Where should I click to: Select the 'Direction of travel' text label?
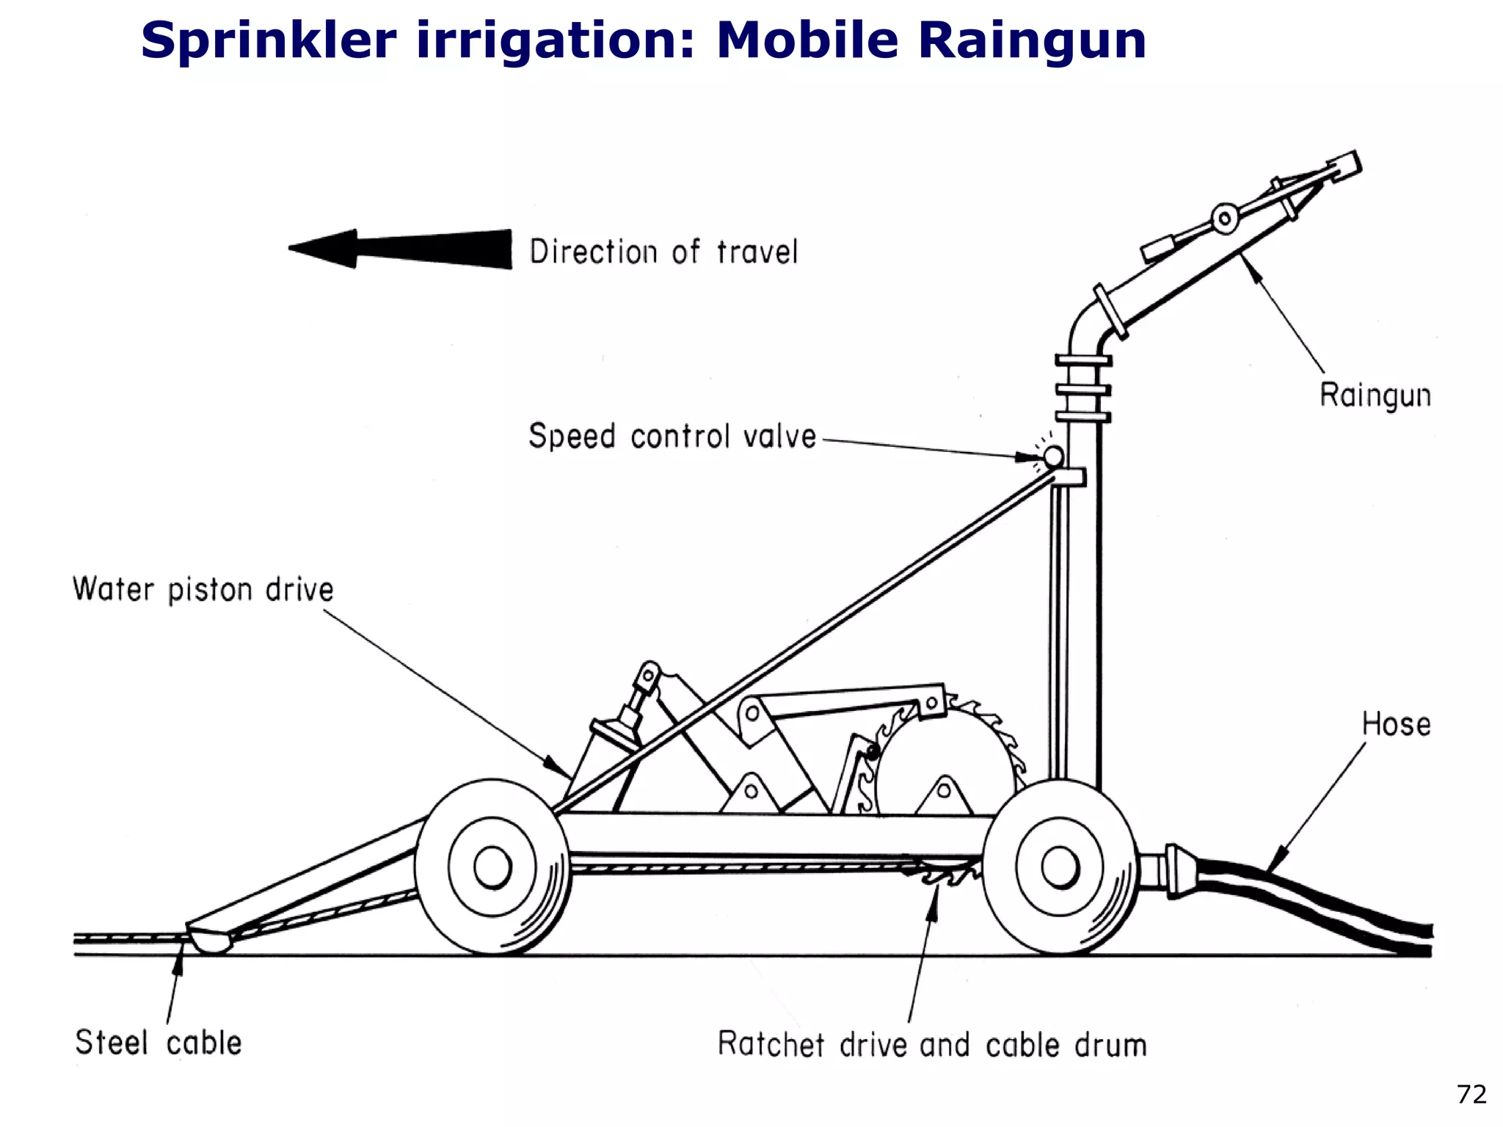pos(663,252)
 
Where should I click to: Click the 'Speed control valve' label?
pos(672,436)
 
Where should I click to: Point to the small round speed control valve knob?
pos(1053,457)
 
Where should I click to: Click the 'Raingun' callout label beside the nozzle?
pos(1375,395)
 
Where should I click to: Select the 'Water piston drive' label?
pos(203,590)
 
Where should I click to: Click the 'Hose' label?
pos(1396,724)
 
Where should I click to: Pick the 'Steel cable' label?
pos(159,1043)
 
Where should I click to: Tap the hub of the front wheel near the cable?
pos(492,867)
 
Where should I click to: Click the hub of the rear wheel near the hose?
pos(1060,867)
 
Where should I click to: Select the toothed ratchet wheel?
pos(947,763)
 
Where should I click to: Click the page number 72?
pos(1471,1095)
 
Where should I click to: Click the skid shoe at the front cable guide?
pos(210,941)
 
